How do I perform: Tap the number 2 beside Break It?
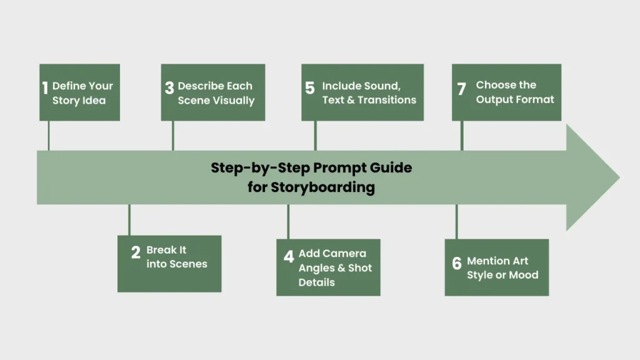click(x=136, y=252)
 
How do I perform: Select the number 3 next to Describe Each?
click(x=169, y=88)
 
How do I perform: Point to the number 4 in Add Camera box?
click(x=288, y=257)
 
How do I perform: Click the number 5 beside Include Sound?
click(x=310, y=88)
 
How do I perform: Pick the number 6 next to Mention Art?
click(x=457, y=263)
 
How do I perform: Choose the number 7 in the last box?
click(x=462, y=89)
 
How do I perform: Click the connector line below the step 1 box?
click(x=49, y=135)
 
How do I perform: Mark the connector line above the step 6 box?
click(x=456, y=221)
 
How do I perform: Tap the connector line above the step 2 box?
click(x=129, y=219)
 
